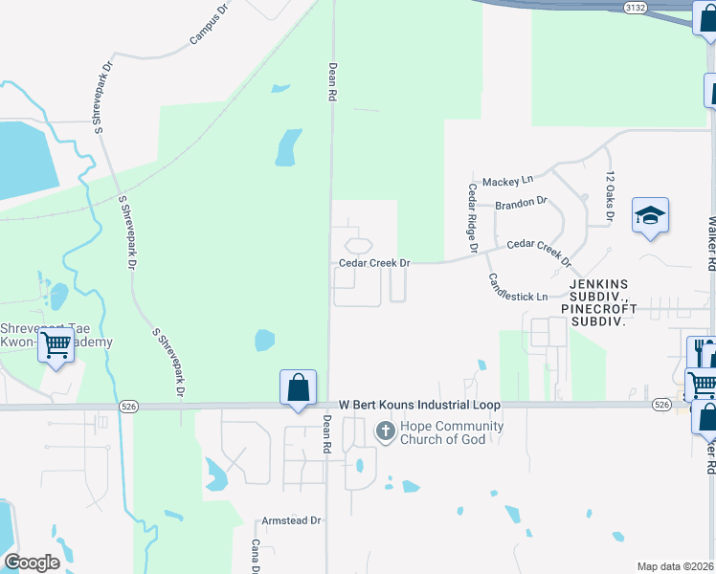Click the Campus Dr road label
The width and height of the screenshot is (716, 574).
coord(211,24)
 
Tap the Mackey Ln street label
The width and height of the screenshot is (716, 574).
coord(507,181)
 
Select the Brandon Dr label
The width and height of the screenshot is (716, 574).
coord(521,203)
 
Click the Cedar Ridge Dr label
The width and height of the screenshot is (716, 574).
coord(473,218)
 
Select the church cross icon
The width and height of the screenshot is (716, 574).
coord(385,431)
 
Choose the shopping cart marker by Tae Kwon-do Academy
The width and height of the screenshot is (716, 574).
coord(56,345)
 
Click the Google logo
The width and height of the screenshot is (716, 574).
coord(32,563)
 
